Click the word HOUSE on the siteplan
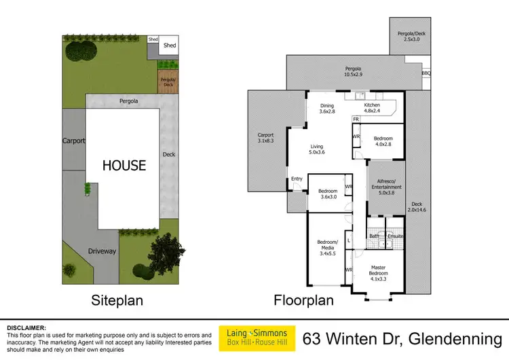point(124,165)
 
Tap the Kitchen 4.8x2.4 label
point(372,109)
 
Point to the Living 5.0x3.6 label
point(316,149)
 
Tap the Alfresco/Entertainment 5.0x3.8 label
point(386,187)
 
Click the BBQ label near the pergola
point(426,73)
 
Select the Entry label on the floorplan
point(297,179)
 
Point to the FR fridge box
point(355,120)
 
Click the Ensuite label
point(396,236)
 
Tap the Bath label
point(374,236)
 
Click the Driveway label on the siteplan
point(102,251)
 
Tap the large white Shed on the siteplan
point(169,46)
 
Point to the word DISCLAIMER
point(26,327)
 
